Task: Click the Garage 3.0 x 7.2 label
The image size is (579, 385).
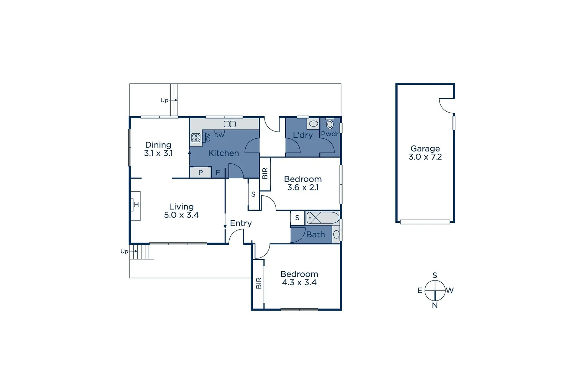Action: [x=425, y=153]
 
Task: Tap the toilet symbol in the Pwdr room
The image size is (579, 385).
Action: [x=330, y=124]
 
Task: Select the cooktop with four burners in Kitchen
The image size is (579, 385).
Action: [x=196, y=138]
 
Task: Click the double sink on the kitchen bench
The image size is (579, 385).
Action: [x=230, y=124]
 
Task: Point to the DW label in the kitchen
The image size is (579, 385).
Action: [x=219, y=135]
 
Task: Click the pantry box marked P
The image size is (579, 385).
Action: [x=200, y=173]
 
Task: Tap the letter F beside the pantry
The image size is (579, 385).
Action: [x=218, y=173]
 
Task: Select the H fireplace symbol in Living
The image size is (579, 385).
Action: [x=136, y=205]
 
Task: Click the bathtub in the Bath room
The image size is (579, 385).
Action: [x=323, y=217]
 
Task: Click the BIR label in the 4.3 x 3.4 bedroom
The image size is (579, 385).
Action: [x=259, y=283]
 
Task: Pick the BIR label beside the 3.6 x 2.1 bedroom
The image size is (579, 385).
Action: [x=265, y=174]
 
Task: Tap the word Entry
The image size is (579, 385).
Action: [x=241, y=223]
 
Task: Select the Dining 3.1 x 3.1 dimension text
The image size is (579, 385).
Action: [x=158, y=153]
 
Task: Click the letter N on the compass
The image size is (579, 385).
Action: [x=435, y=305]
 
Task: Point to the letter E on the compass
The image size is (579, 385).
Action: [x=420, y=291]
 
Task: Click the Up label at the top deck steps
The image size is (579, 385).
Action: [x=164, y=100]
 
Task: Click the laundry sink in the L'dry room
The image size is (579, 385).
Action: [x=313, y=124]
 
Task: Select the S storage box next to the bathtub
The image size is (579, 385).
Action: [x=297, y=218]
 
